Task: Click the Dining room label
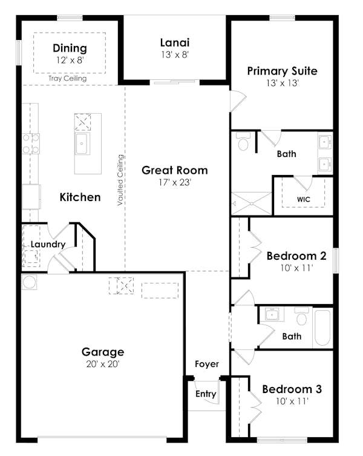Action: [70, 48]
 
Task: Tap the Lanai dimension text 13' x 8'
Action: [175, 54]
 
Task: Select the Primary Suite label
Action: [282, 71]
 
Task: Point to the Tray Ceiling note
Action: [68, 78]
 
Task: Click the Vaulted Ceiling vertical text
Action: [121, 180]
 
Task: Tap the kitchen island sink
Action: [82, 144]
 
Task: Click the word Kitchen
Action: [80, 197]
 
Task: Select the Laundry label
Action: [48, 244]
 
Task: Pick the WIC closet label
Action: [304, 199]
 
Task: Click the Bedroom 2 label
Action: [296, 256]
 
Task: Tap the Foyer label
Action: [206, 364]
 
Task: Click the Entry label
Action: [206, 394]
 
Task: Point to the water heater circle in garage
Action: [29, 282]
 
